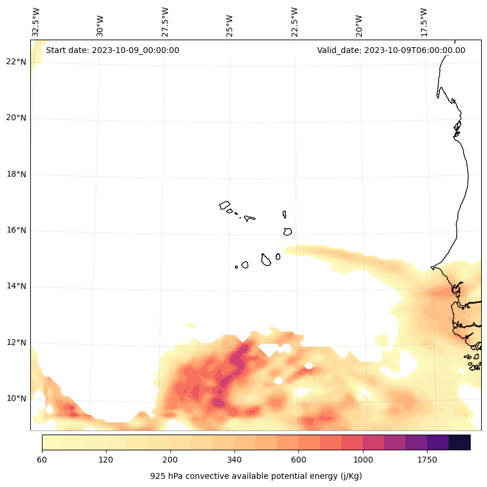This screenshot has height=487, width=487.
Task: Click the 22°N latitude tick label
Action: coord(15,62)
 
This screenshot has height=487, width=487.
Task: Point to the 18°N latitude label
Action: coord(15,174)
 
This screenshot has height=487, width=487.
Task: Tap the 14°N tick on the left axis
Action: coord(15,286)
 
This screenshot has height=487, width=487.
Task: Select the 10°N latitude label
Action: coord(15,398)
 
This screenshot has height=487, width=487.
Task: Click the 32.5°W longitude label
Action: coord(36,22)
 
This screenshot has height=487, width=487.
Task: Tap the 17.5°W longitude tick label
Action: coord(424,22)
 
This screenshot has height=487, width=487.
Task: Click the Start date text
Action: coord(112,50)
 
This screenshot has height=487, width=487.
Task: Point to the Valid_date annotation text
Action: coord(391,50)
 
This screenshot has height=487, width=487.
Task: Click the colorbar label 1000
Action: coord(362,460)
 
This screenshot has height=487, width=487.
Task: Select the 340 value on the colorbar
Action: coord(234,460)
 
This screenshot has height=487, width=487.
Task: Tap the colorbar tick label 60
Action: coord(42,460)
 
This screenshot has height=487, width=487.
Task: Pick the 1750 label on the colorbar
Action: coord(427,460)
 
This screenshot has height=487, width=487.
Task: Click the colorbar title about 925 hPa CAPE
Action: coord(256,476)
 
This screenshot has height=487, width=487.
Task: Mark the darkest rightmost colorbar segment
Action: coord(460,442)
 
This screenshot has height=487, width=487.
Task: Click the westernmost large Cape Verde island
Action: coord(225,205)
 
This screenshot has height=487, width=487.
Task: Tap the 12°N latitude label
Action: coord(15,343)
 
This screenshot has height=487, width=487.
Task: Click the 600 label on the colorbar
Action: coord(298,460)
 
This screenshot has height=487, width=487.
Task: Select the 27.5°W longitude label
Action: coord(165,22)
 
